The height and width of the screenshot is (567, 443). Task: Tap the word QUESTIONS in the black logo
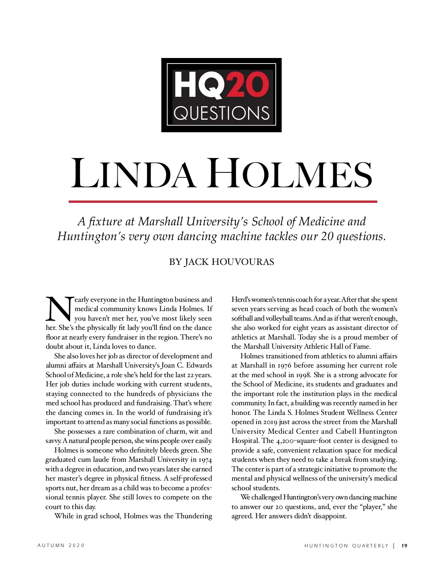(221, 113)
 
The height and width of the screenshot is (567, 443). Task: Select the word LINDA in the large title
(133, 174)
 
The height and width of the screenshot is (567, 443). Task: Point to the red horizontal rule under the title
(223, 202)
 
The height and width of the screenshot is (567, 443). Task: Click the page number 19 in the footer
(405, 546)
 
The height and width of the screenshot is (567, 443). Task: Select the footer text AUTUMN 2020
(61, 546)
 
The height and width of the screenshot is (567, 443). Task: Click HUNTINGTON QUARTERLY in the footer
(346, 546)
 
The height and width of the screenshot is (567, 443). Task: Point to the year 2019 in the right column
(273, 422)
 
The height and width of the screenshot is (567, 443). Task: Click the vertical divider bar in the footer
(394, 546)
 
